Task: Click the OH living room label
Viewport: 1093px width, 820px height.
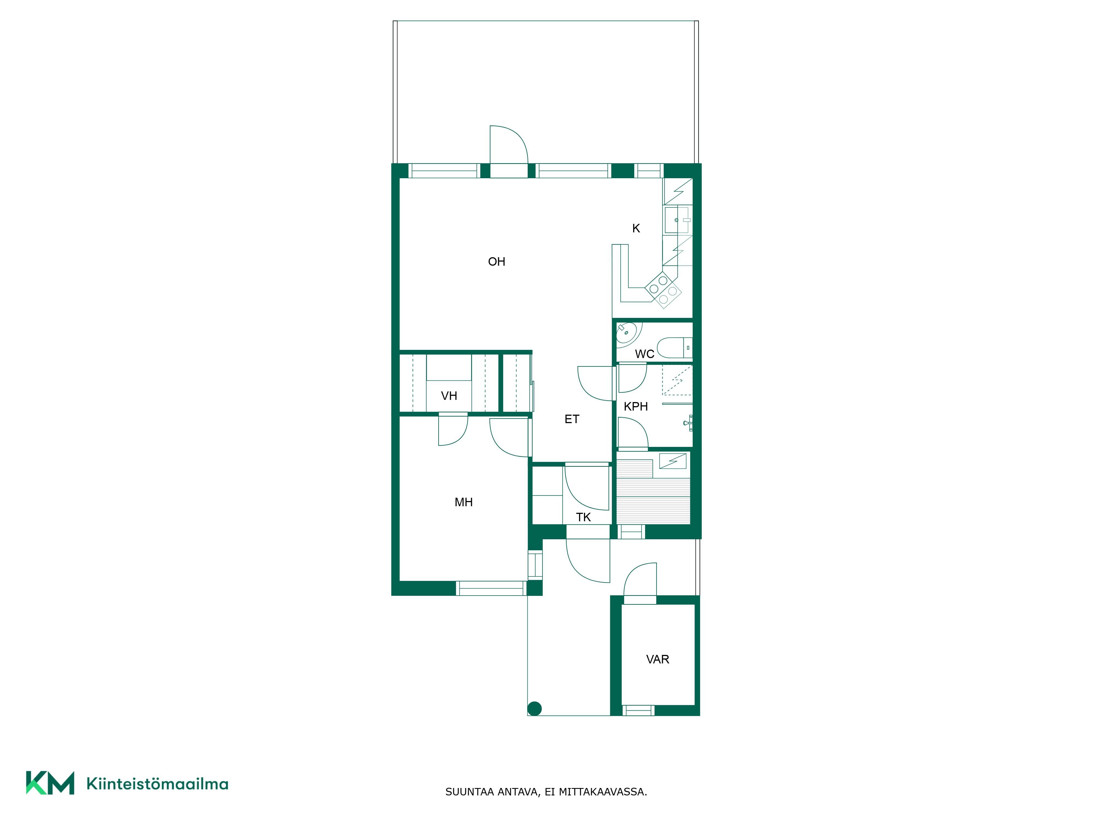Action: coord(496,262)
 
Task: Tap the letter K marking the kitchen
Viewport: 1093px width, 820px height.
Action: coord(636,228)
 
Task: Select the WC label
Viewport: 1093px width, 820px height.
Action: coord(644,354)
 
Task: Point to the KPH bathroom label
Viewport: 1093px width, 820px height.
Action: coord(635,406)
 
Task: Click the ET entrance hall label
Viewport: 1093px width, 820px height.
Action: coord(572,419)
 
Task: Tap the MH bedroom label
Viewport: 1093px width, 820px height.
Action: coord(463,502)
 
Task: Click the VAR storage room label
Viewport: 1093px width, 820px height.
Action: coord(658,659)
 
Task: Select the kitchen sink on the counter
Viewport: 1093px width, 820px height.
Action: coord(677,220)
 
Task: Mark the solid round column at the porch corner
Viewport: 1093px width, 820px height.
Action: coord(535,709)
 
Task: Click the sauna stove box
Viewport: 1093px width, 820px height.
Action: coord(672,461)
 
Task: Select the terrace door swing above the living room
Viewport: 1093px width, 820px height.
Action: coord(509,145)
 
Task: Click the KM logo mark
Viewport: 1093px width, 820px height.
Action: coord(50,783)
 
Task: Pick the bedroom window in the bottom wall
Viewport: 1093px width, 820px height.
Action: coord(491,588)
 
